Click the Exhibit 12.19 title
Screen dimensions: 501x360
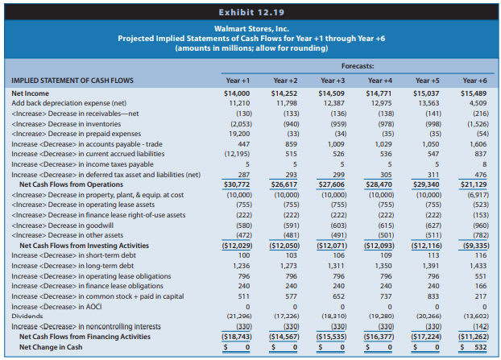click(251, 12)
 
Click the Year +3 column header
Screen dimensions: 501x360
click(333, 81)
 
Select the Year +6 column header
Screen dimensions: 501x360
click(474, 81)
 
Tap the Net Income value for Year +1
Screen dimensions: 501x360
click(237, 93)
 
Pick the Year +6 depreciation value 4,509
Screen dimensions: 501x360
click(478, 103)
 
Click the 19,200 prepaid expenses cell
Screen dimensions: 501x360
click(240, 134)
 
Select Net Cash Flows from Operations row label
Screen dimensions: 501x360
click(71, 184)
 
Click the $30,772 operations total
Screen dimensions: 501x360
click(237, 184)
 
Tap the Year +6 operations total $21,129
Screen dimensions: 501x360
click(474, 184)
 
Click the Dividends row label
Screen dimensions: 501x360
click(27, 317)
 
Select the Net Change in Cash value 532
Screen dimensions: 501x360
click(481, 347)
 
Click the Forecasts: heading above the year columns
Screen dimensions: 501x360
click(358, 66)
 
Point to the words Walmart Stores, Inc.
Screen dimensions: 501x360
click(251, 29)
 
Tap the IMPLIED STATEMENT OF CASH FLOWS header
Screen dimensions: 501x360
click(72, 81)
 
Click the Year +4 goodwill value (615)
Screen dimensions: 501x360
click(386, 226)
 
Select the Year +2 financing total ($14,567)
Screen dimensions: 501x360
click(284, 337)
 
